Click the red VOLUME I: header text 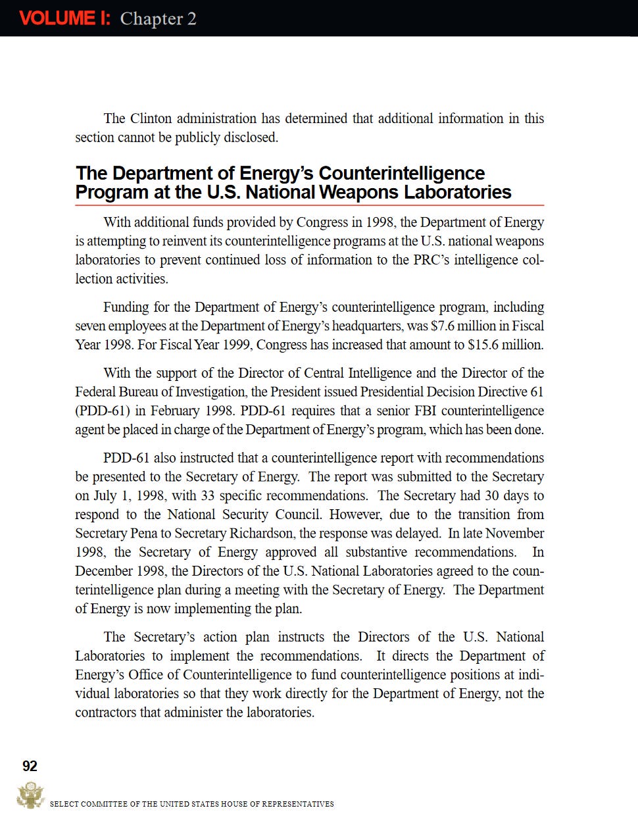pos(64,18)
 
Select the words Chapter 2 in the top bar pos(158,18)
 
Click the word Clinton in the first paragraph pos(151,118)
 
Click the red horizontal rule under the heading pos(309,206)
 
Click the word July pos(105,495)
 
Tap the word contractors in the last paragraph pos(106,712)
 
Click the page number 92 pos(30,766)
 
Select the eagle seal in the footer pos(30,795)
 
